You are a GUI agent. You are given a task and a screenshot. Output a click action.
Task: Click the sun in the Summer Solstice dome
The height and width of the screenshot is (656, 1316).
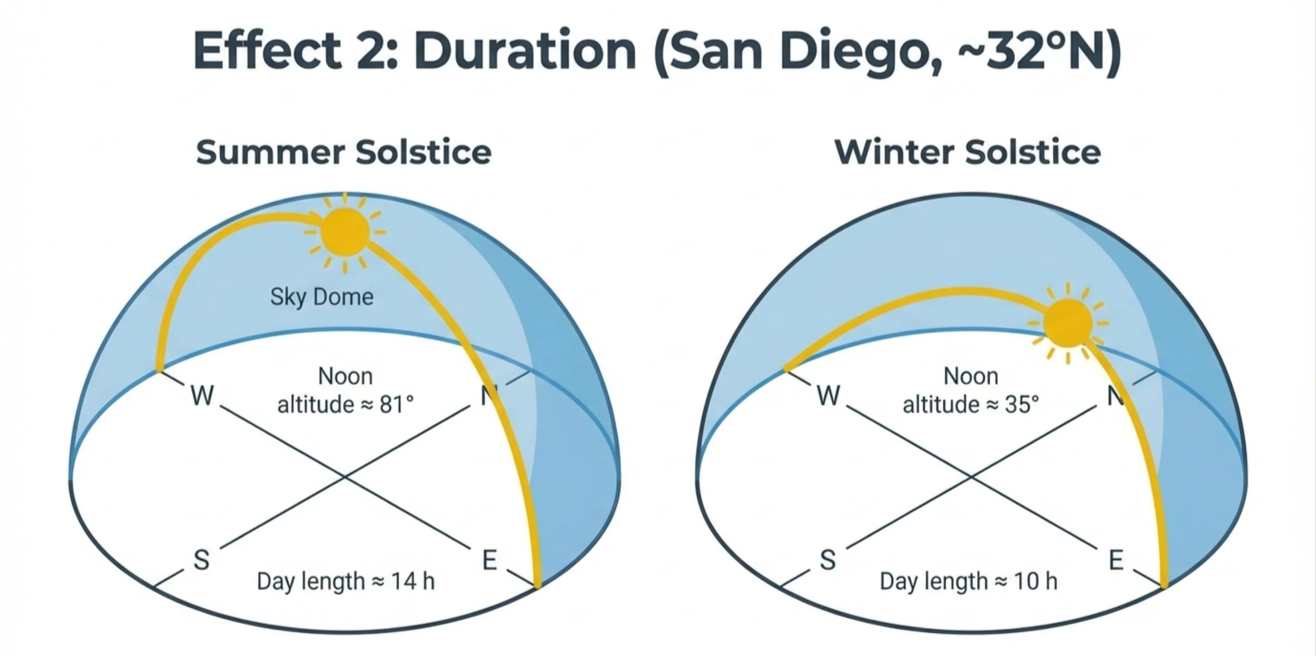pyautogui.click(x=345, y=232)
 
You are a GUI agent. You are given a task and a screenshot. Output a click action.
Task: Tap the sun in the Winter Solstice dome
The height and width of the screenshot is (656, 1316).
pyautogui.click(x=1068, y=323)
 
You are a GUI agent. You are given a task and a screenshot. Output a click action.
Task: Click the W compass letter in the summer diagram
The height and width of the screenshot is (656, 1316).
pyautogui.click(x=202, y=395)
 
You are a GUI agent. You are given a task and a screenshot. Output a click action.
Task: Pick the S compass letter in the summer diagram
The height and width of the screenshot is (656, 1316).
pyautogui.click(x=201, y=559)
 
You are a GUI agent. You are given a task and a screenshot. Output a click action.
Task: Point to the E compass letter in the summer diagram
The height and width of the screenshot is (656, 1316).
pyautogui.click(x=490, y=559)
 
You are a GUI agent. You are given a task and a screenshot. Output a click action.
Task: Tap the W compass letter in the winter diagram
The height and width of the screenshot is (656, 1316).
pyautogui.click(x=828, y=395)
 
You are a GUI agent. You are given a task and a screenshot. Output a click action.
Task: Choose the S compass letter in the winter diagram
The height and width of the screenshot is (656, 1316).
pyautogui.click(x=828, y=559)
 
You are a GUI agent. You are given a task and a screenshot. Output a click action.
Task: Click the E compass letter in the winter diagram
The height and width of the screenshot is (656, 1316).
pyautogui.click(x=1116, y=559)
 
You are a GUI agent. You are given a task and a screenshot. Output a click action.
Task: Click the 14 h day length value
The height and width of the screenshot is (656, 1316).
pyautogui.click(x=413, y=582)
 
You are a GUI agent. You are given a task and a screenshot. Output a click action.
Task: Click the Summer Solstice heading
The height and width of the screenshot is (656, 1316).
pyautogui.click(x=343, y=152)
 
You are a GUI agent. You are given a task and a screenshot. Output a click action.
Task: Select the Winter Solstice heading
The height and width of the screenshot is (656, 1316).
pyautogui.click(x=967, y=152)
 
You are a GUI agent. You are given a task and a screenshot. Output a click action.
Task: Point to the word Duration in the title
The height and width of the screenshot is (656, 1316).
pyautogui.click(x=525, y=51)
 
